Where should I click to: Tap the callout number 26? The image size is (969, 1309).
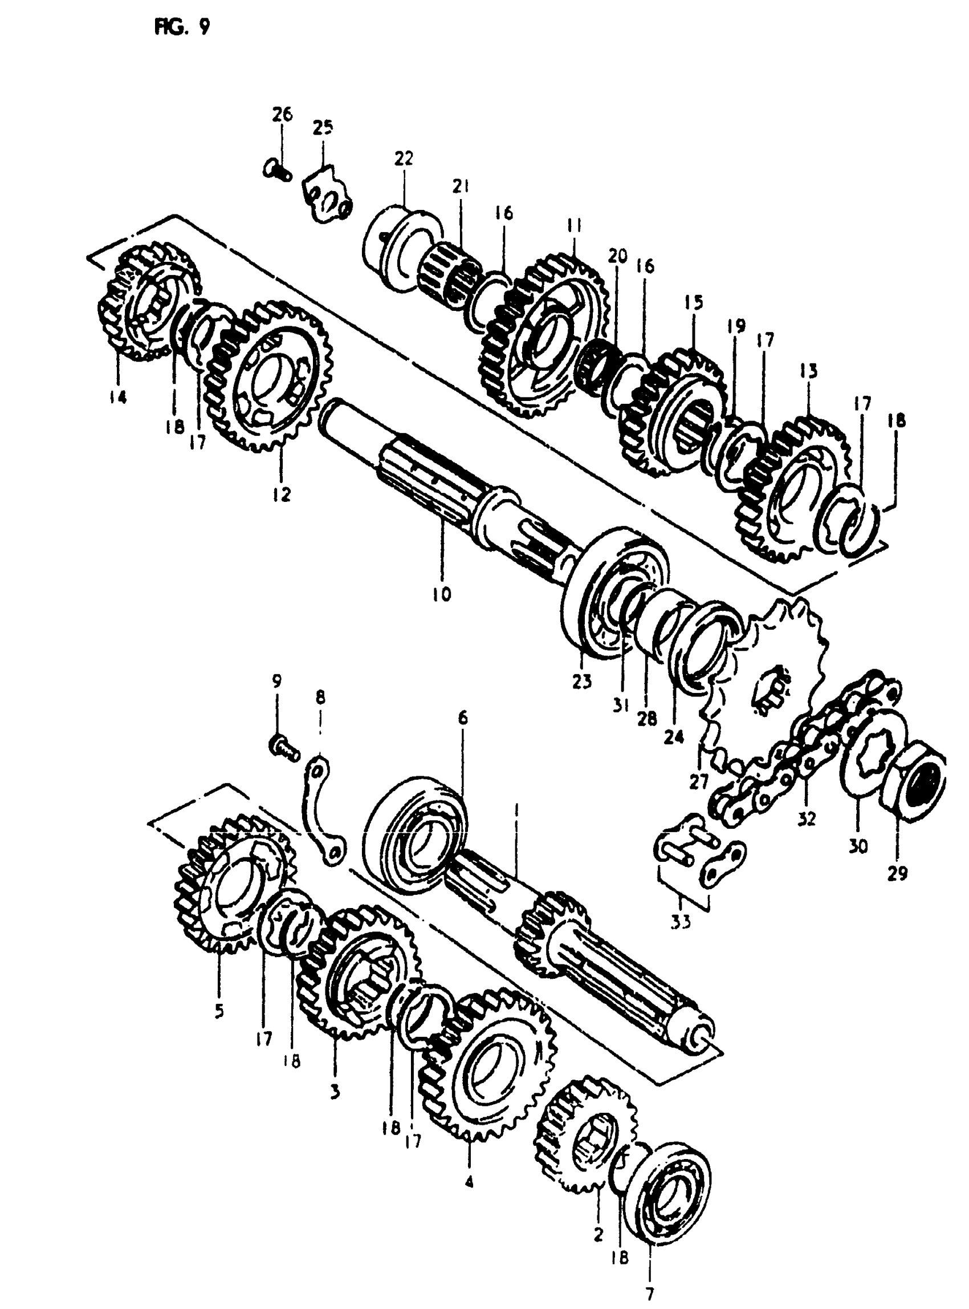click(x=282, y=114)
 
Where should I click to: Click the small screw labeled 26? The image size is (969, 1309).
click(x=277, y=170)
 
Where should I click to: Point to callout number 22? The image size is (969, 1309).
click(x=404, y=159)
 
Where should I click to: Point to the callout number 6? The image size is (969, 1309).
click(x=463, y=718)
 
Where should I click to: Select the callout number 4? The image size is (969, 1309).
click(x=468, y=1181)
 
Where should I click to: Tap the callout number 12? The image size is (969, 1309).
click(x=282, y=495)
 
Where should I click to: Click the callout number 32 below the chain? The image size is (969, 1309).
click(x=807, y=818)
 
